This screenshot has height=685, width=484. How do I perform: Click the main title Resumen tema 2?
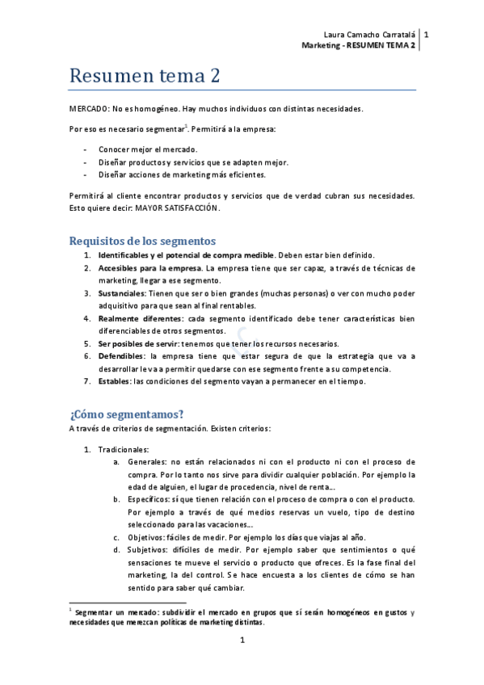tap(145, 76)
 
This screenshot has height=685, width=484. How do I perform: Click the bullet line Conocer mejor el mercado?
tap(148, 149)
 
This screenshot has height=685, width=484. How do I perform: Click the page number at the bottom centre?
tap(242, 641)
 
